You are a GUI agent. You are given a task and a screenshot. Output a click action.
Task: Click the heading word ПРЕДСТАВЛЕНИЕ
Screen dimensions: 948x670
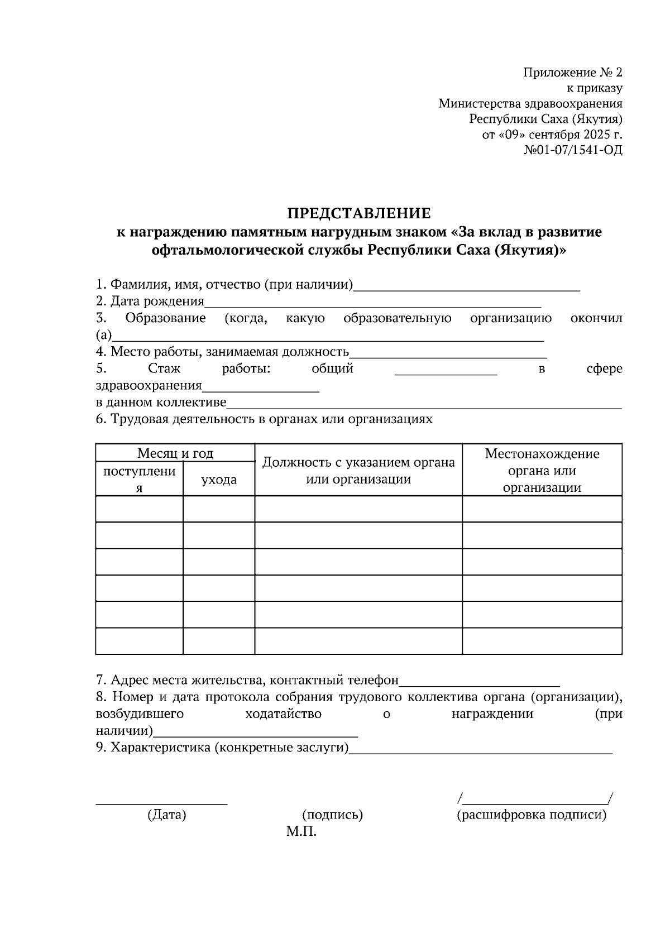[x=359, y=213]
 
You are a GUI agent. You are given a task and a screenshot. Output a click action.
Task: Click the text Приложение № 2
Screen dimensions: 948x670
[x=572, y=73]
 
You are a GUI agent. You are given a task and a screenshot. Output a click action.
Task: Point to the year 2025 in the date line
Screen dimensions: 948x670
[x=598, y=135]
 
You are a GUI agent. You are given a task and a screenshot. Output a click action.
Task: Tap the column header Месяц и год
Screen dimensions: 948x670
[x=175, y=453]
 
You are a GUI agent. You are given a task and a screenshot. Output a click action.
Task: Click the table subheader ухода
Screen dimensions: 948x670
[x=219, y=479]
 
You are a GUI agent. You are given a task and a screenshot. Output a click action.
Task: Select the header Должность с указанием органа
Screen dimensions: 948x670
[x=358, y=462]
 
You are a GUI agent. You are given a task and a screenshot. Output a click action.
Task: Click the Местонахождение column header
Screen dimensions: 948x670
[x=542, y=453]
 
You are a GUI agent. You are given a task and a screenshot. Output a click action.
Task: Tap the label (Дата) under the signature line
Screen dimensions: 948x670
[x=166, y=815]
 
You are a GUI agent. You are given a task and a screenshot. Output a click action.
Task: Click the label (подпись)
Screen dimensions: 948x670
[x=332, y=815]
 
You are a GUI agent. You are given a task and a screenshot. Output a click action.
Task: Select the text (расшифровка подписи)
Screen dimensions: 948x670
[x=531, y=815]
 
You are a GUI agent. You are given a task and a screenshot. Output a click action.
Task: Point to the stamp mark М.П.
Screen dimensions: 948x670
[x=301, y=832]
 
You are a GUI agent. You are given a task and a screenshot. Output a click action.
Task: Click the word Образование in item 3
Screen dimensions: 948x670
[x=165, y=318]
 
